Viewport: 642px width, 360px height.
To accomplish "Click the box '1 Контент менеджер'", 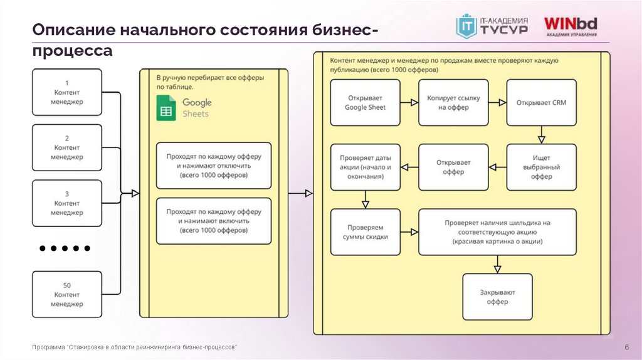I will point(66,92).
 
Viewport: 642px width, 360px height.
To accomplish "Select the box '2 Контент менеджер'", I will point(66,147).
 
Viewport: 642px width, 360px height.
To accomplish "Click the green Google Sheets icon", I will point(166,109).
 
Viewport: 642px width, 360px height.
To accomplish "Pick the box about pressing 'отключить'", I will point(214,166).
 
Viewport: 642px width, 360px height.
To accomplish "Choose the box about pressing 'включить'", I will point(214,221).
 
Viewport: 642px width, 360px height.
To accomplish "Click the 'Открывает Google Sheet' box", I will point(366,102).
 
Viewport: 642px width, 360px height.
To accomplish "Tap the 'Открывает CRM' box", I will point(541,102).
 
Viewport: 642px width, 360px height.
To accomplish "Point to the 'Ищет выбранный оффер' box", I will point(541,167).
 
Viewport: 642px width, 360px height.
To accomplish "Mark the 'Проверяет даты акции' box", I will point(366,167).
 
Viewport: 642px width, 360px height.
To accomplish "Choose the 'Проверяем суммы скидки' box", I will point(366,231).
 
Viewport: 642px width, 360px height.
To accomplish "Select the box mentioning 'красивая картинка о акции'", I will point(497,231).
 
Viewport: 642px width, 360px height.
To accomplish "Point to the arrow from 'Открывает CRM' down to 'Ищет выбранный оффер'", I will point(541,134).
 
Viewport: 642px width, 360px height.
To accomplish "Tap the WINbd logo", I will point(571,26).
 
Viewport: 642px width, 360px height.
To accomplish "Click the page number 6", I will point(626,348).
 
